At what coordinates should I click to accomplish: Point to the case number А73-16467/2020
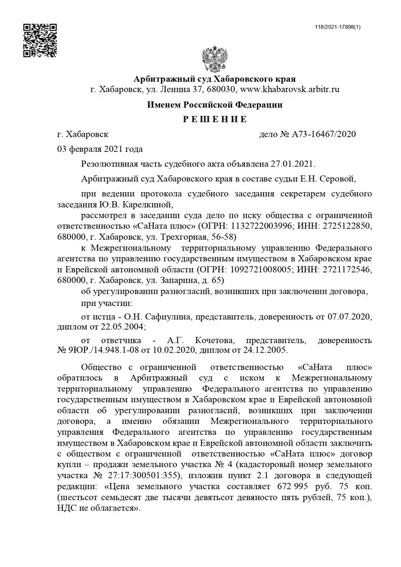click(323, 134)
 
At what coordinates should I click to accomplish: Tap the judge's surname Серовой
click(338, 179)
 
